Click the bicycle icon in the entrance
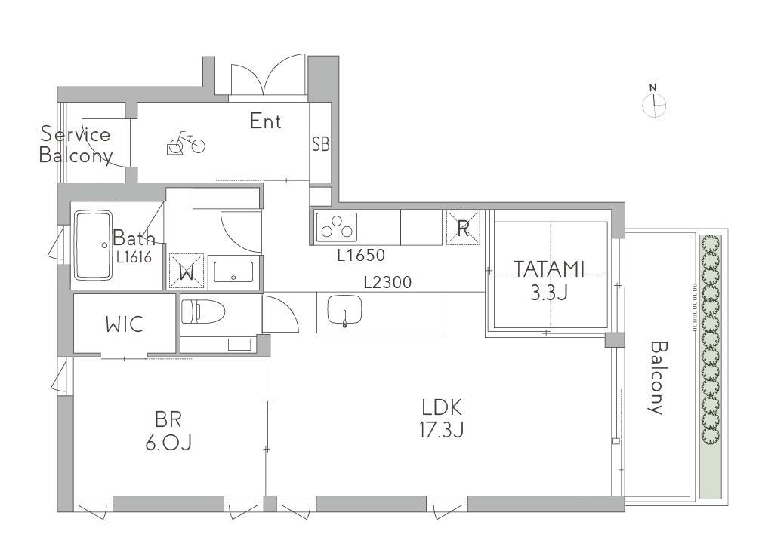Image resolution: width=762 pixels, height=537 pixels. pyautogui.click(x=186, y=143)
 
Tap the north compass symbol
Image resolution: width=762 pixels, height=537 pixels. pyautogui.click(x=654, y=102)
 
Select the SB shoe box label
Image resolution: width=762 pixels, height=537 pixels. pyautogui.click(x=321, y=144)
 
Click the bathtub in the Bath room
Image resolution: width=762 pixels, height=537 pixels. pyautogui.click(x=93, y=245)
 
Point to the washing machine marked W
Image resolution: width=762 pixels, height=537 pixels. pyautogui.click(x=186, y=271)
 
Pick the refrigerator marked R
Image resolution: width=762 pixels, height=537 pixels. pyautogui.click(x=463, y=227)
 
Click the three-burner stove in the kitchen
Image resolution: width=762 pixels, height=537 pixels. pyautogui.click(x=336, y=227)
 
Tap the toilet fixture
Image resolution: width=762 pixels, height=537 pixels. pyautogui.click(x=202, y=311)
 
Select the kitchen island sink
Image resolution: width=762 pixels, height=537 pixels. pyautogui.click(x=345, y=311)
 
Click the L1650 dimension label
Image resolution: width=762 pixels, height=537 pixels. pyautogui.click(x=361, y=255)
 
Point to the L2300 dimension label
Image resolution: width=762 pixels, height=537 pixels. pyautogui.click(x=388, y=282)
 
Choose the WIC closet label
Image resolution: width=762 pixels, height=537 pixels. pyautogui.click(x=125, y=324)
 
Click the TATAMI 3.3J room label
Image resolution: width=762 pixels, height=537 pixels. pyautogui.click(x=549, y=281)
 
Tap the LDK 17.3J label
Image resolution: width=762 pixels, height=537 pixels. pyautogui.click(x=442, y=418)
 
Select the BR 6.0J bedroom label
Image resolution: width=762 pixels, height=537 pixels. pyautogui.click(x=168, y=430)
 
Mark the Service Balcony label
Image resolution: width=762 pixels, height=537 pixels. pyautogui.click(x=76, y=145)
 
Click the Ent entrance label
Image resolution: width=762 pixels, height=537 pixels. pyautogui.click(x=265, y=121)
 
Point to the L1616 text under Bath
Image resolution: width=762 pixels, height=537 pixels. pyautogui.click(x=134, y=257)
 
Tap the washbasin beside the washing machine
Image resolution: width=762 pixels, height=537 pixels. pyautogui.click(x=234, y=272)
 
